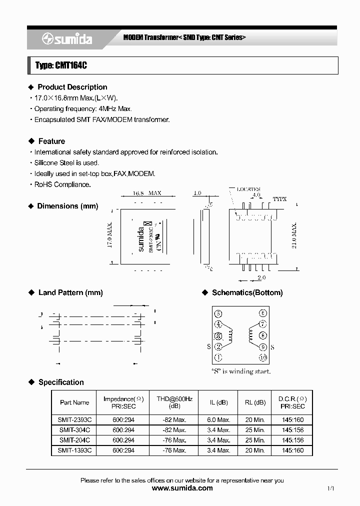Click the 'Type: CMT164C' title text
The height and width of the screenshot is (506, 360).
tap(61, 65)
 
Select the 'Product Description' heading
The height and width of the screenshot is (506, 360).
tap(72, 87)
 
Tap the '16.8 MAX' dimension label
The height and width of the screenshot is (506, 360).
tap(147, 193)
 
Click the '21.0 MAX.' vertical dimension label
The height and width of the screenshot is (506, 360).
tap(294, 236)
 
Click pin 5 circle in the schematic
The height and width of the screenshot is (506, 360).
tap(218, 314)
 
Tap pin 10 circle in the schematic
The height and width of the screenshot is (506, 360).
tap(263, 357)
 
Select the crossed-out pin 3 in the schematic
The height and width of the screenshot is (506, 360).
tap(218, 336)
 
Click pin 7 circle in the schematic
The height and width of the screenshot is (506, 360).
tap(263, 324)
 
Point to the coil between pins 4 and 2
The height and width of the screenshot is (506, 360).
tap(230, 335)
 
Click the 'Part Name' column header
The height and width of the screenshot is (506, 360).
tap(74, 402)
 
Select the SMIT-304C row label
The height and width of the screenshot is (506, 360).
tap(74, 430)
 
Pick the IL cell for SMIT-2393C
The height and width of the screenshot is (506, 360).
tap(219, 420)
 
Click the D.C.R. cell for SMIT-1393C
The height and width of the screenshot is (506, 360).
tap(292, 450)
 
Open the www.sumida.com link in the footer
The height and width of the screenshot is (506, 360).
tap(182, 488)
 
